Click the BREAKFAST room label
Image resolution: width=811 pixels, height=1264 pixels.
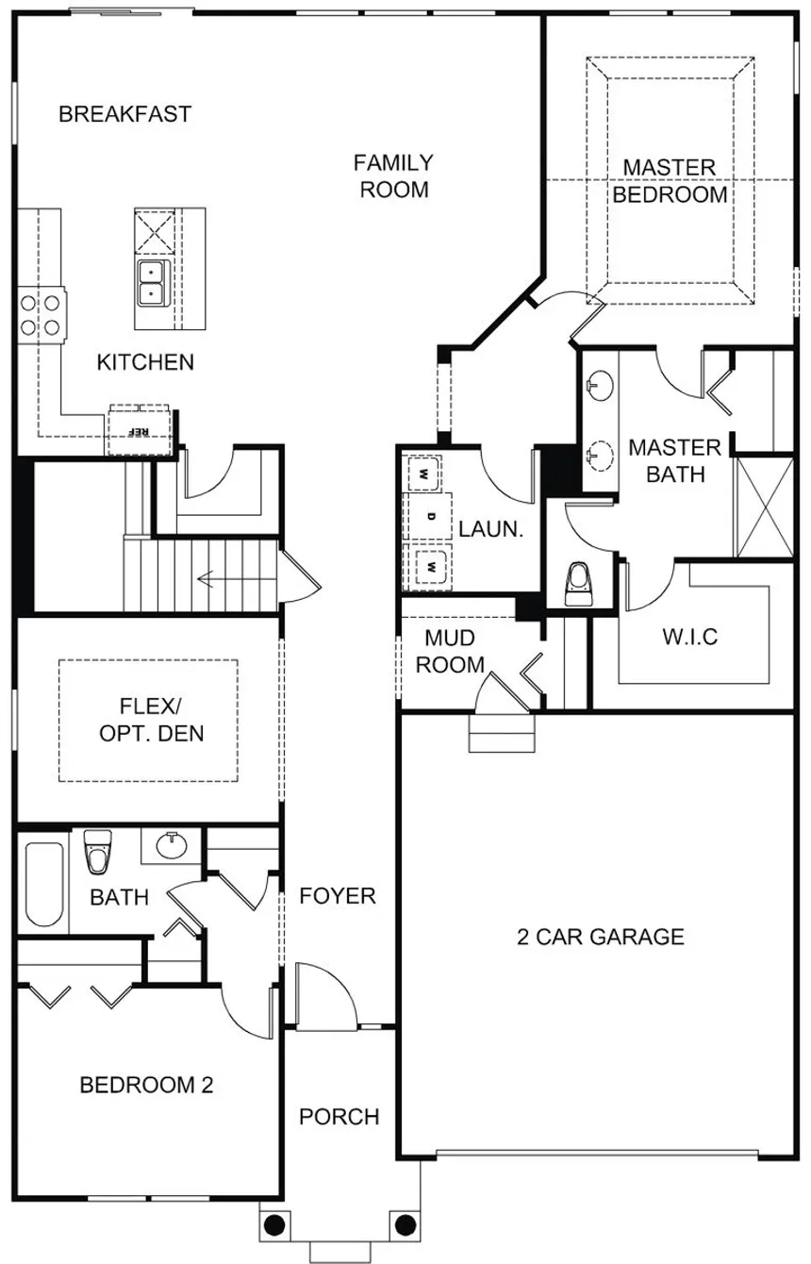[124, 114]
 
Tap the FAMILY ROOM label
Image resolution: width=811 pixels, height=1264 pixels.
[393, 176]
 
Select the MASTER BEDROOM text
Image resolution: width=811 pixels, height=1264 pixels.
[670, 181]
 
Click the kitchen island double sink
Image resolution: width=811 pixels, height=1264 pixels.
[151, 283]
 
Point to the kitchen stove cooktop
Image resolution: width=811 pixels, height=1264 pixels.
[41, 315]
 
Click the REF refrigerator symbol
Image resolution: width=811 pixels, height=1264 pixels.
[140, 431]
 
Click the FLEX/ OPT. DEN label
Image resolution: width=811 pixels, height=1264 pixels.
[151, 720]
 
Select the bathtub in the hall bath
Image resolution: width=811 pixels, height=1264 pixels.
[44, 884]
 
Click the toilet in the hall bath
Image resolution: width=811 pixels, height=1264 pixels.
[98, 852]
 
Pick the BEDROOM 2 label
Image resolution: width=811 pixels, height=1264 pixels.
[146, 1085]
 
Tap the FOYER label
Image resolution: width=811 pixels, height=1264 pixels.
[338, 896]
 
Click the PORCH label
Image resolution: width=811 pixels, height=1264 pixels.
[339, 1117]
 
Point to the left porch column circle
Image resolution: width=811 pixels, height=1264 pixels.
[274, 1225]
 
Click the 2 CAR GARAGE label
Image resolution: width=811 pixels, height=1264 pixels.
[600, 937]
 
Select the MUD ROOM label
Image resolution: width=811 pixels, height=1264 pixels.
[450, 651]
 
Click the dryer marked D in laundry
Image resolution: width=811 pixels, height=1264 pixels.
[430, 516]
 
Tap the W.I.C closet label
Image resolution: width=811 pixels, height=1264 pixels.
[689, 637]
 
